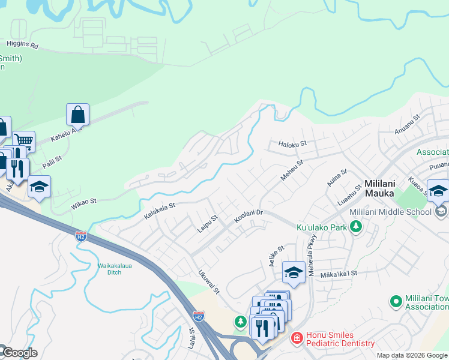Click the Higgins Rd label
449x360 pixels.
point(22,44)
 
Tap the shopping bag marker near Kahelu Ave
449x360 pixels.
point(77,114)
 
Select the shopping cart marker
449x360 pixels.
point(23,142)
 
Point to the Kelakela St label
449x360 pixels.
point(159,209)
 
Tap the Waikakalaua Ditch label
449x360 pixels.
point(110,269)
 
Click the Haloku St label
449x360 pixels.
point(292,144)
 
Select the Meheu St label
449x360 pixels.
point(292,170)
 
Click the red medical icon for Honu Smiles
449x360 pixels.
point(296,338)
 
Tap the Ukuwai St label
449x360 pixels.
point(209,281)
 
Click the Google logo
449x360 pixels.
point(19,353)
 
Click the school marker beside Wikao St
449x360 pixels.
point(39,187)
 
